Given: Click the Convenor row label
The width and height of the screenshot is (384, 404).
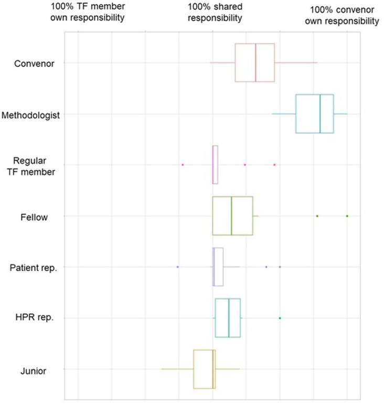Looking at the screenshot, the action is pos(34,63).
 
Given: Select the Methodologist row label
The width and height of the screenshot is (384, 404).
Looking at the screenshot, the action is pos(30,115).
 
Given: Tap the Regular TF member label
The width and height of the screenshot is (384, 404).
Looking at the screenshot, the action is pos(30,166).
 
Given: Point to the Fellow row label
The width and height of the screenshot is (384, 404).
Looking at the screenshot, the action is pos(34,217).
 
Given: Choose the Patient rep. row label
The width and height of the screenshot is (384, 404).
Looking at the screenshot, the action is pos(33,268).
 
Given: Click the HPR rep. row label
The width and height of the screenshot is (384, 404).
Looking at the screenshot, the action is pos(35,317).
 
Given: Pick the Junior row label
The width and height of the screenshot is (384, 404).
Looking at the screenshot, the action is pos(33,371).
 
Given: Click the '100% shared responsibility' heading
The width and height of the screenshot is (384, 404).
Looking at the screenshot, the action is pos(215,12).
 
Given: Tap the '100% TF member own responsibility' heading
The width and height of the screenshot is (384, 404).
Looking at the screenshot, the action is pos(88,12).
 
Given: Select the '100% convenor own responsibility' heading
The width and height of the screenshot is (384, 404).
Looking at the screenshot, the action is pos(342,15).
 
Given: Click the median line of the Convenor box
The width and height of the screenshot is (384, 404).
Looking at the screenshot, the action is pos(256,62).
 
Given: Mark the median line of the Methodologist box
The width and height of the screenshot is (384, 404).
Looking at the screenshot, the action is pos(320,114).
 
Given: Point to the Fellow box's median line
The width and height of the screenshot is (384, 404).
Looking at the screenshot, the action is pos(231,216).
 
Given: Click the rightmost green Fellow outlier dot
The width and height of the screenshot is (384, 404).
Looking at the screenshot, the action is pos(347,216).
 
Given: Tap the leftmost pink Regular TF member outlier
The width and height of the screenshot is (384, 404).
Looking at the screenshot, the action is pos(183,165).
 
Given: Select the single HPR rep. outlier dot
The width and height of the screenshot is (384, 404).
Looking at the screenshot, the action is pos(280,318).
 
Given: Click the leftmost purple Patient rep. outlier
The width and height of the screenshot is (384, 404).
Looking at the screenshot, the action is pos(178,267).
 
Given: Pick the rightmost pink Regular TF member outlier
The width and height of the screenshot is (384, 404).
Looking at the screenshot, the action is pos(274,165).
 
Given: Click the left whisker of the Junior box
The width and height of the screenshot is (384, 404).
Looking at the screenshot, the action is pos(177,369).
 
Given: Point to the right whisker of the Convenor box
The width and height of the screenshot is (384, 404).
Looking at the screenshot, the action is pos(296,62).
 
